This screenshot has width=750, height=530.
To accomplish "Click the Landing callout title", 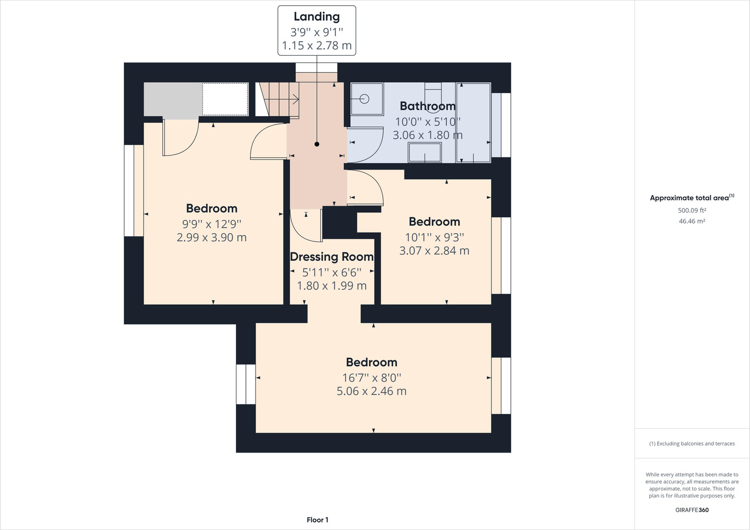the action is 317,17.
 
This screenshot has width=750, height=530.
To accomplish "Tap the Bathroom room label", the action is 428,106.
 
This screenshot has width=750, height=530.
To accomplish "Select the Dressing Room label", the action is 332,257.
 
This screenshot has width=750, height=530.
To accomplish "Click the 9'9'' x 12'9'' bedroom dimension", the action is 211,224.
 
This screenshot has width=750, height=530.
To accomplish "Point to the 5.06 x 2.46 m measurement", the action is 372,391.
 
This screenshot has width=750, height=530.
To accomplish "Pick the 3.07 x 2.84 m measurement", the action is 434,251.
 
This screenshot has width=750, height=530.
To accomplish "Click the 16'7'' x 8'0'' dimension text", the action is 372,378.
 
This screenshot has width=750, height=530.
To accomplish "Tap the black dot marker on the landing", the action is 317,144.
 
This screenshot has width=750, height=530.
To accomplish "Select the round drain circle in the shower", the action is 364,99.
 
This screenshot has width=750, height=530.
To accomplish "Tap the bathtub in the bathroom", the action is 473,123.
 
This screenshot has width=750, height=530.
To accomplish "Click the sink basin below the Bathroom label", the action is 425,152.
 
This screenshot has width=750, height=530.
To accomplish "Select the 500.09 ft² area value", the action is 692,210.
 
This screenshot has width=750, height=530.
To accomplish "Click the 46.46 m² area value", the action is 692,221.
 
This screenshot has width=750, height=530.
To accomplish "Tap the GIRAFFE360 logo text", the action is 692,510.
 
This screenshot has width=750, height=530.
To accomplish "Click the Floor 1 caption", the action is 317,520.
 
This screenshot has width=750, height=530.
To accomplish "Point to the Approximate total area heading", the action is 692,198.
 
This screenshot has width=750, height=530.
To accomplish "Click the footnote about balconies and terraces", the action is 692,444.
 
